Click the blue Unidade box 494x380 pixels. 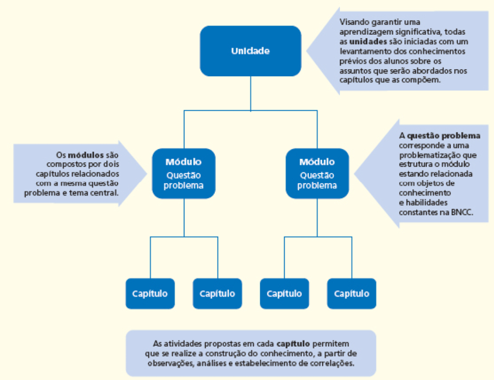[x=251, y=51]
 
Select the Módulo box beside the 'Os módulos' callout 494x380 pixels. [x=184, y=174]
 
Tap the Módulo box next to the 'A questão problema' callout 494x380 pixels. [x=317, y=174]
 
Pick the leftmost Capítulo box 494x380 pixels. [x=150, y=294]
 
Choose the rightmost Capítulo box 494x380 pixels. [x=352, y=294]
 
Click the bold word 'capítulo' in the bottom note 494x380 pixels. [x=293, y=344]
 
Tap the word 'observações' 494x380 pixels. [x=169, y=363]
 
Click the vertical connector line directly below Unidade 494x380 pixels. [x=251, y=93]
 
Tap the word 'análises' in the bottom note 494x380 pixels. [x=212, y=363]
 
